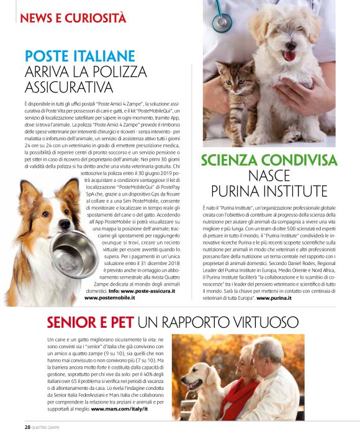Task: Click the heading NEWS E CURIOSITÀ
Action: point(73,17)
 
